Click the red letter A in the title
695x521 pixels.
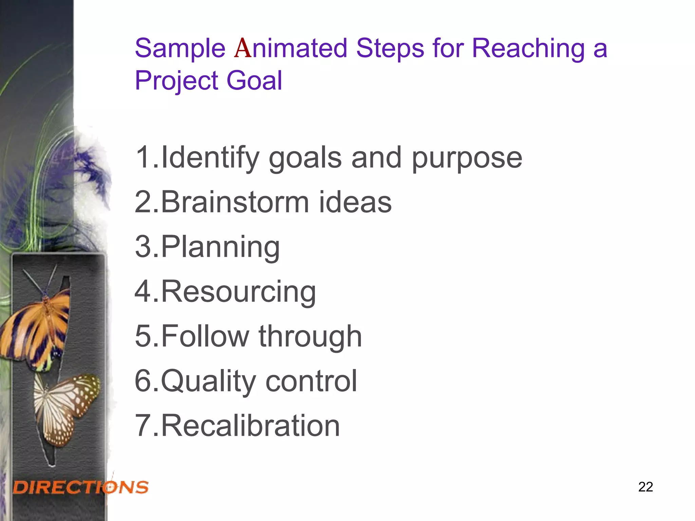pyautogui.click(x=243, y=49)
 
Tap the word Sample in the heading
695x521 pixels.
pyautogui.click(x=180, y=49)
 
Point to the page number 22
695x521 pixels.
pyautogui.click(x=645, y=487)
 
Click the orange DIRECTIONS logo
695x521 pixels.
pyautogui.click(x=81, y=487)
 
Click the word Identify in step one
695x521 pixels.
pyautogui.click(x=210, y=158)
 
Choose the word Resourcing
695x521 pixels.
pyautogui.click(x=238, y=292)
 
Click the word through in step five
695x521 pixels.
pyautogui.click(x=310, y=337)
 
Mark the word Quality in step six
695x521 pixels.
pyautogui.click(x=208, y=382)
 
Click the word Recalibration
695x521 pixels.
pyautogui.click(x=250, y=426)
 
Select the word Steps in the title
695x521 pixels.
pyautogui.click(x=390, y=49)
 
